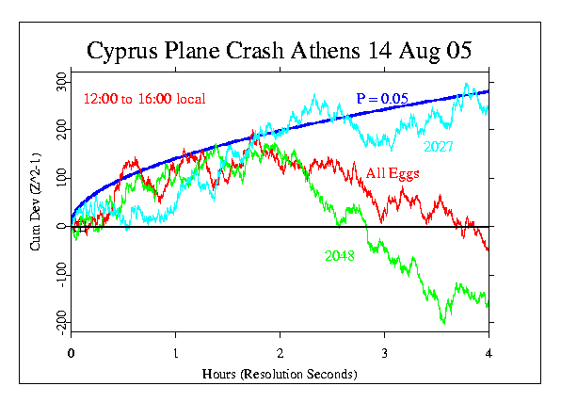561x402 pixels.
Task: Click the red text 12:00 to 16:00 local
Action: pos(144,99)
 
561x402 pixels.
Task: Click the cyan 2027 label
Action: pos(439,147)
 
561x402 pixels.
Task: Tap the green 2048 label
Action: pos(339,255)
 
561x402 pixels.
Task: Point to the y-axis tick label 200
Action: pos(60,127)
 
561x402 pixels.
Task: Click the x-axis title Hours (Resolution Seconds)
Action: pos(280,374)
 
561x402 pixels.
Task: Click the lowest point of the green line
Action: pos(443,323)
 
